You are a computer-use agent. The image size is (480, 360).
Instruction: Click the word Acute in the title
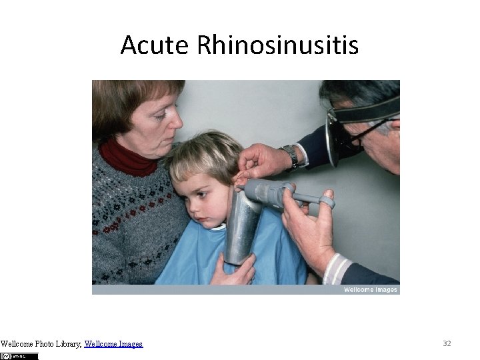pyautogui.click(x=155, y=45)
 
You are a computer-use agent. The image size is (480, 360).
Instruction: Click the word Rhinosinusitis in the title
pyautogui.click(x=278, y=45)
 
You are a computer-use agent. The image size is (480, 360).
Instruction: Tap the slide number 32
pyautogui.click(x=447, y=343)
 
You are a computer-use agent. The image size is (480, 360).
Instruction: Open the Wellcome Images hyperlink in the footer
pyautogui.click(x=113, y=344)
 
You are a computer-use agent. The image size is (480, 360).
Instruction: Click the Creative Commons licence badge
pyautogui.click(x=19, y=356)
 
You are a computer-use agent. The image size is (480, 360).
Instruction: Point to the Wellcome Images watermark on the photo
pyautogui.click(x=370, y=289)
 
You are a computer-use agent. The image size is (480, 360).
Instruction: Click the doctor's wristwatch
pyautogui.click(x=291, y=156)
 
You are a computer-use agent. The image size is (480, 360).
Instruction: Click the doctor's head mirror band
pyautogui.click(x=367, y=111)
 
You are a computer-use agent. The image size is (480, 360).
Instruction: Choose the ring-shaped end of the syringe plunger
pyautogui.click(x=326, y=201)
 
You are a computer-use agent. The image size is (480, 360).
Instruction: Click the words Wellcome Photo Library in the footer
pyautogui.click(x=41, y=344)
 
